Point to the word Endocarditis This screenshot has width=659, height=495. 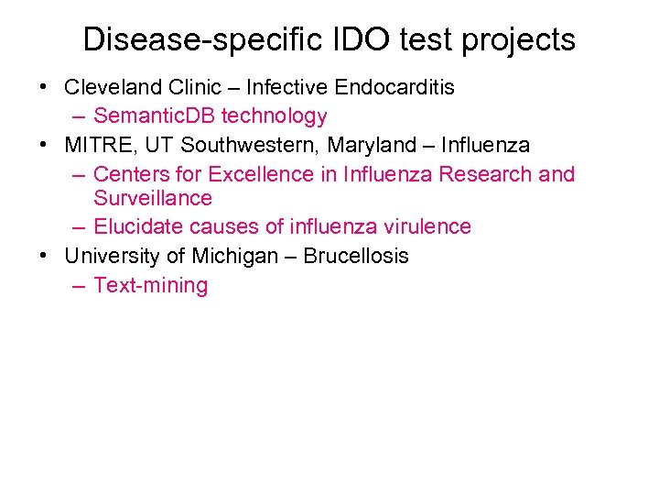click(394, 87)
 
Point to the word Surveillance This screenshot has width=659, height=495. click(152, 198)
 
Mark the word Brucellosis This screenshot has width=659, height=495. click(356, 256)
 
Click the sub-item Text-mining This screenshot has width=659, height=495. click(150, 285)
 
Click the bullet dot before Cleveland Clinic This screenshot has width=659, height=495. click(44, 88)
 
